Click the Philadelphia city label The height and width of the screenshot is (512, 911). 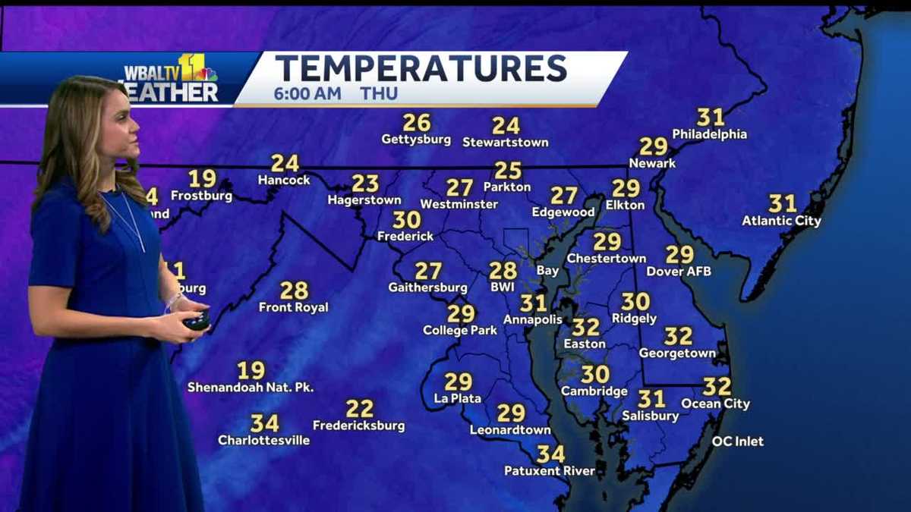tap(710, 134)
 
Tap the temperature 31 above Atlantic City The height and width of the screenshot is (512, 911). tap(782, 203)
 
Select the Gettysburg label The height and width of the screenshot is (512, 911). tap(416, 140)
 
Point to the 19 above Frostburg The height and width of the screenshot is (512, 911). tap(202, 178)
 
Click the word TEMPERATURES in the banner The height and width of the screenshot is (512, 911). tap(421, 68)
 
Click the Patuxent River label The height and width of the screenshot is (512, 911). tap(550, 471)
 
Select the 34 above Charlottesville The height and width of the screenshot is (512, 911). tap(264, 422)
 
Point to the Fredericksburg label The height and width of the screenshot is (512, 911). tap(359, 426)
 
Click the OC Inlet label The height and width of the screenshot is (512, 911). tap(738, 441)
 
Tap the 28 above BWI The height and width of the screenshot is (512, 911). tap(503, 271)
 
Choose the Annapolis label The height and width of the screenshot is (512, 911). tap(533, 319)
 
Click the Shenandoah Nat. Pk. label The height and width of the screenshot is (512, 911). tap(251, 388)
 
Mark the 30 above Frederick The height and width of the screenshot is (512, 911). tap(406, 220)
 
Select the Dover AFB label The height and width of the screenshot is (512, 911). tap(679, 271)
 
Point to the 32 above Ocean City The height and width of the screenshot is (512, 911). tap(717, 387)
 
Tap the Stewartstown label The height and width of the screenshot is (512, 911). tap(505, 143)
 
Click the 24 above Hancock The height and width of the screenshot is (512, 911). tap(285, 163)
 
